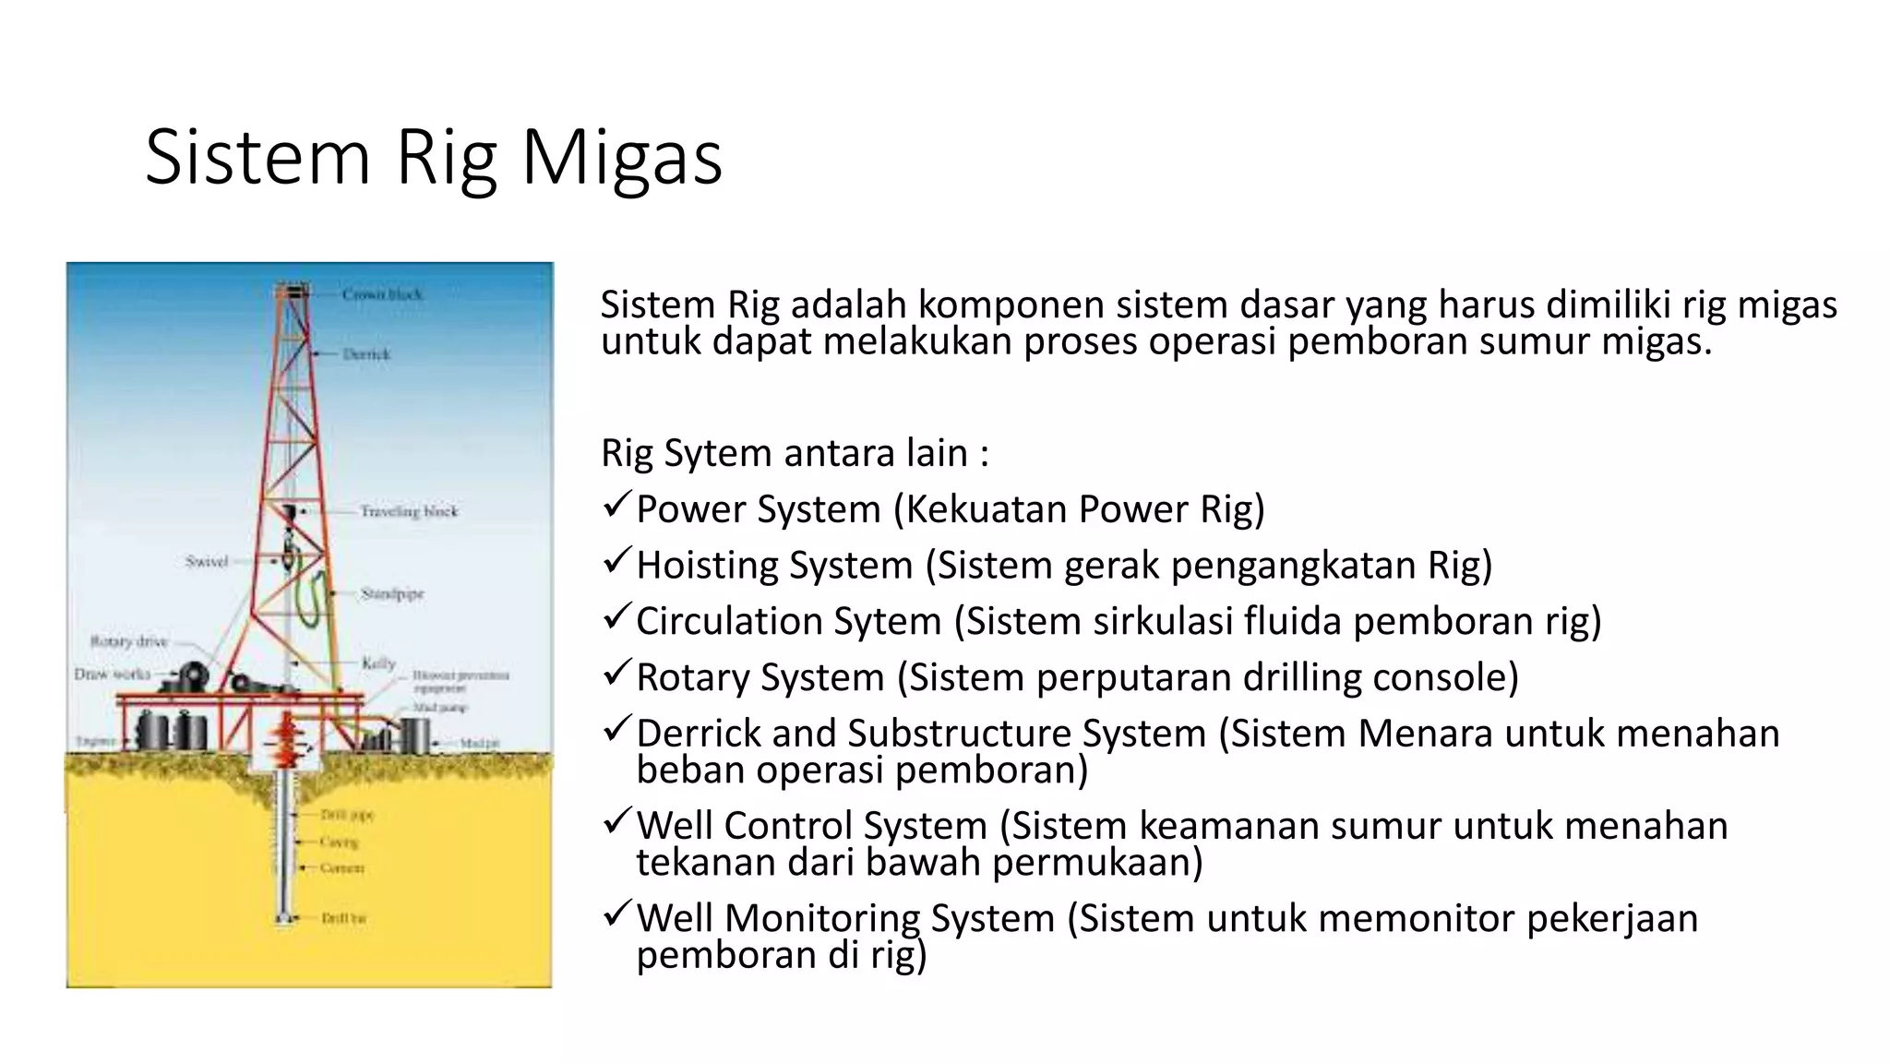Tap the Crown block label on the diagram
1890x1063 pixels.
(x=381, y=294)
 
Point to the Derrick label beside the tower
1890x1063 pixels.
(x=366, y=354)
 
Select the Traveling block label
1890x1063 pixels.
(x=409, y=511)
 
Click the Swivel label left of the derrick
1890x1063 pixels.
(x=206, y=561)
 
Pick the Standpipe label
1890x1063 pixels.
(x=392, y=593)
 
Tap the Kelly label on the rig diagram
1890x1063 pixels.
(x=378, y=663)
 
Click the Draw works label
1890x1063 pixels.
(x=112, y=674)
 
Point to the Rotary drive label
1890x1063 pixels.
(x=128, y=640)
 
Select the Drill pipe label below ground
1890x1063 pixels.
(x=347, y=815)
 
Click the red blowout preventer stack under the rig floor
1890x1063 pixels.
(x=286, y=738)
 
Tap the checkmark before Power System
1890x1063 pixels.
(x=616, y=506)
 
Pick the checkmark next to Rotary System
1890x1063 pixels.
(x=616, y=674)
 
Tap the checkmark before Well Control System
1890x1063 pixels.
(x=616, y=822)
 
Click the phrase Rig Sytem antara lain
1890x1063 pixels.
(x=794, y=453)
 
